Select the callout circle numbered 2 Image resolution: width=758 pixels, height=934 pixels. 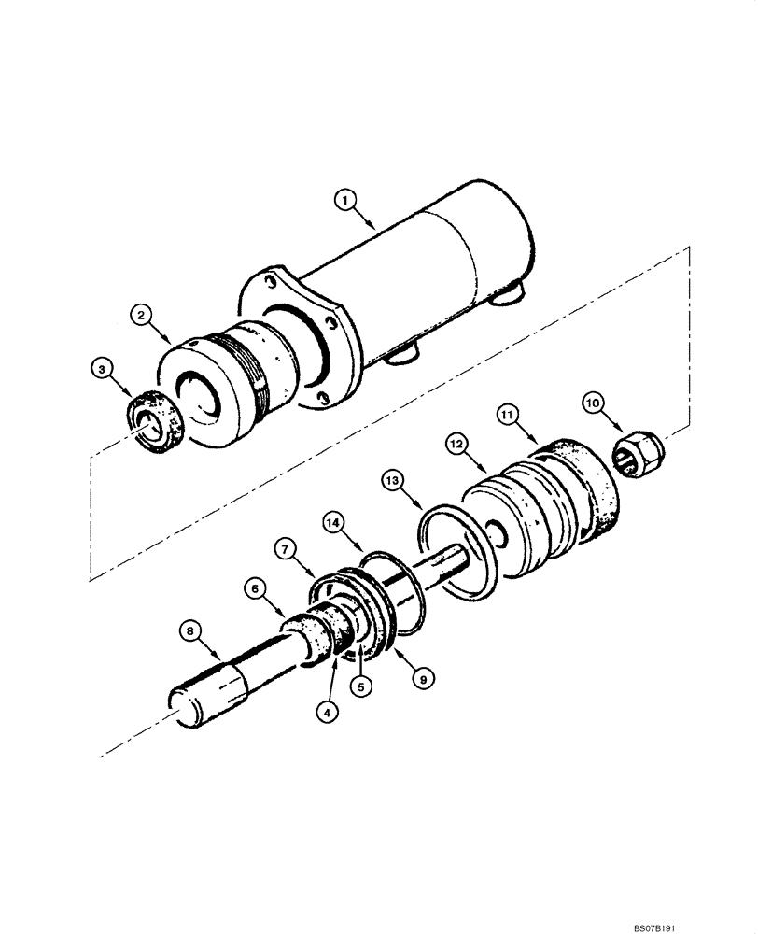pyautogui.click(x=142, y=317)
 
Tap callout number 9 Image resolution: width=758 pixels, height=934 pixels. pyautogui.click(x=422, y=680)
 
